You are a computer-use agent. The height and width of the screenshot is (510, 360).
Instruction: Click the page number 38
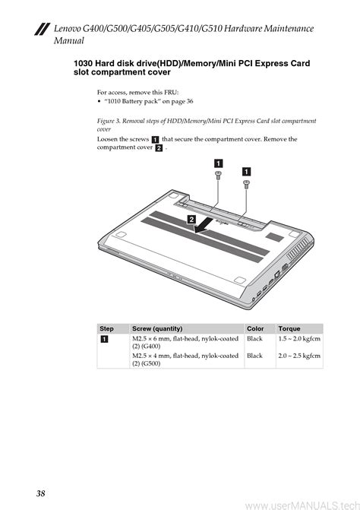(40, 493)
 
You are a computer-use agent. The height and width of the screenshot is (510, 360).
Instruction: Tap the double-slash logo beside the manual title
(43, 29)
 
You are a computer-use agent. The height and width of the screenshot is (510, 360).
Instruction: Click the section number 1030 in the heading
(83, 63)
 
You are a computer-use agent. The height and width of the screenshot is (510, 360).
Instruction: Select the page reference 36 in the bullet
(190, 101)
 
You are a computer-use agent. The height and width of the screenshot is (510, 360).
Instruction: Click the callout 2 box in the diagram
(191, 220)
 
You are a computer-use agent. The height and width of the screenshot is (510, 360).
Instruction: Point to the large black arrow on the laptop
(204, 226)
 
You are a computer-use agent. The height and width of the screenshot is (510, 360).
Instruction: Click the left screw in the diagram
(218, 176)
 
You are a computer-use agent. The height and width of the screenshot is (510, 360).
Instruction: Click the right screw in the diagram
(246, 185)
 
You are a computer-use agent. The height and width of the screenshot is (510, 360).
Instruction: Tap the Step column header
(106, 328)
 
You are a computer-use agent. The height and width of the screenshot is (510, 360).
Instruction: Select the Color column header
(255, 328)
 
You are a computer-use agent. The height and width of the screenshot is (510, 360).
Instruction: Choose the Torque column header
(289, 328)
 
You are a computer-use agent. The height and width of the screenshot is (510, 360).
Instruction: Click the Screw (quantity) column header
(157, 328)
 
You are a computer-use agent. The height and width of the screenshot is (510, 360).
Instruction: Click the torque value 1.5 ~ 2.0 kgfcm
(299, 338)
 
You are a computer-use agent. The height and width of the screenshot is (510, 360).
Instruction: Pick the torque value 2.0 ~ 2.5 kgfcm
(299, 356)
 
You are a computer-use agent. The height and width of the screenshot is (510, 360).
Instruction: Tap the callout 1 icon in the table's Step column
(104, 339)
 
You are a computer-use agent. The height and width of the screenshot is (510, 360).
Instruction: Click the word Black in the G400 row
(254, 338)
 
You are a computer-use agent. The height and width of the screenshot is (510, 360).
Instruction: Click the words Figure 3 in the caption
(106, 121)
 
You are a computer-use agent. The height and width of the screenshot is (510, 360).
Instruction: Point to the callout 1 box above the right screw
(247, 172)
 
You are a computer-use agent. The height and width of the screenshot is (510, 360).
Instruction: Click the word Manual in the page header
(69, 40)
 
